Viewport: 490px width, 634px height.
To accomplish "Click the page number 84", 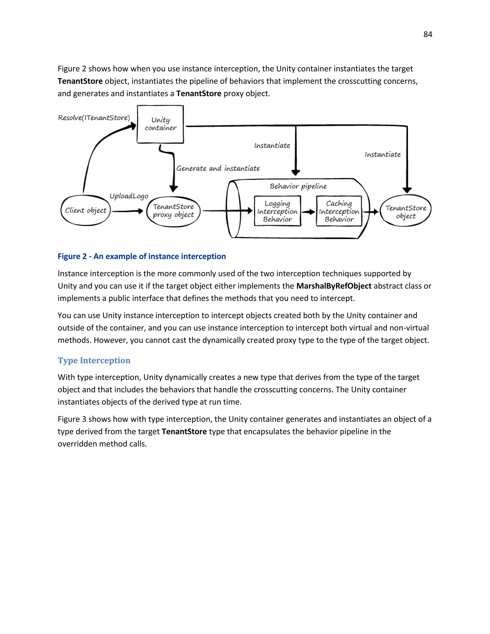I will pos(428,34).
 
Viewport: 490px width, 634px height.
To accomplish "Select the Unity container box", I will pos(160,124).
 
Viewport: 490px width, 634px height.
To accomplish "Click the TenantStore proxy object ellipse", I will pos(173,211).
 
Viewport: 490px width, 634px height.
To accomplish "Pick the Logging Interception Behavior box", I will pos(277,211).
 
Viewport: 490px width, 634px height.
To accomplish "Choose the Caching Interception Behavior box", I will pos(339,211).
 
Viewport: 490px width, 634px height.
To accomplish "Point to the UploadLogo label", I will pos(129,196).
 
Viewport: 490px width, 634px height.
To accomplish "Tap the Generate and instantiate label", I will pos(218,169).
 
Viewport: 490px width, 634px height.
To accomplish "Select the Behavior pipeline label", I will pos(298,186).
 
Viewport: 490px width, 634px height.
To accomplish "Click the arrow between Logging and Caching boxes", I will pos(309,212).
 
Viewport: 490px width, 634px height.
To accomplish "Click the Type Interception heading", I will pos(94,360).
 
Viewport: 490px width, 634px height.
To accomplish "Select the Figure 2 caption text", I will pos(142,256).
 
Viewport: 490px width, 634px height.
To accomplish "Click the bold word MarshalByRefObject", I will pos(334,286).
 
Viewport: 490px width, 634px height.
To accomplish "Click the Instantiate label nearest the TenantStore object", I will pos(383,155).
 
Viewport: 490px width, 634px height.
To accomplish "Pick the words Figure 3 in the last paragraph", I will pos(72,419).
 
